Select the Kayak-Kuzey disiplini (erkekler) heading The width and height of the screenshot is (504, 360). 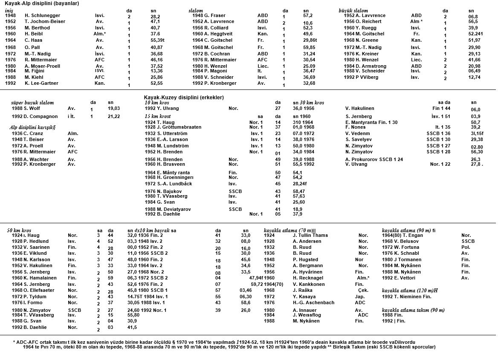[184, 98]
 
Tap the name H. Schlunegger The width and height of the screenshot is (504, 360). [42, 15]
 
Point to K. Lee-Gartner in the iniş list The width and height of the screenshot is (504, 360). [41, 84]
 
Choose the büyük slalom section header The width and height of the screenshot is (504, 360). [353, 10]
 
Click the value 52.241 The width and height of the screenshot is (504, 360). [475, 34]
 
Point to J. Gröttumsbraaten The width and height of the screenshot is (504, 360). [173, 127]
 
